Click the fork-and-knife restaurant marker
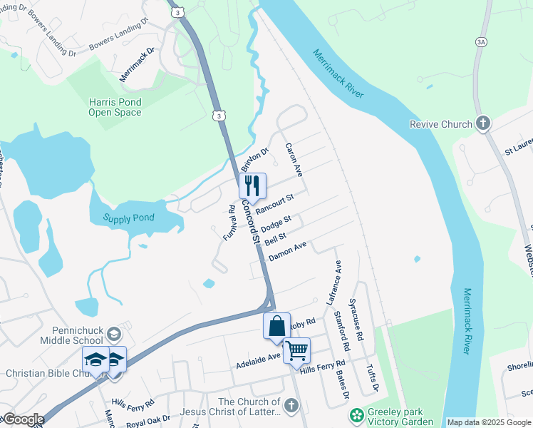[252, 186]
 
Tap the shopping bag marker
[276, 327]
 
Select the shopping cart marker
[296, 351]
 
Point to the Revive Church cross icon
[482, 124]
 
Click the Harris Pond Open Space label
[115, 107]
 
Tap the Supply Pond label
[129, 218]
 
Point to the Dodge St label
[276, 223]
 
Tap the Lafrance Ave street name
[334, 283]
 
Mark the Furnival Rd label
[229, 223]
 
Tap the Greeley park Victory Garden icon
[356, 415]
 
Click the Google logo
[23, 419]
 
